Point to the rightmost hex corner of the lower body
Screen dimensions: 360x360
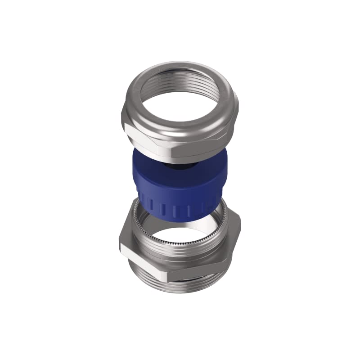(240, 225)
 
